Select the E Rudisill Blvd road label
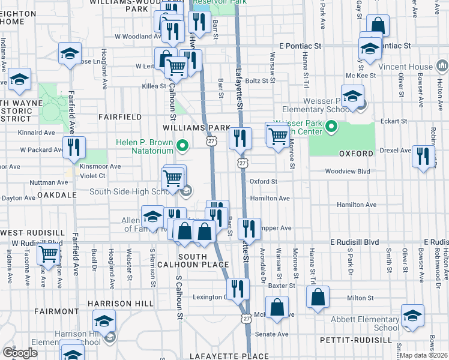(355, 242)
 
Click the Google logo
(20, 353)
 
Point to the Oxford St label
(264, 181)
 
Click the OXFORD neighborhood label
(357, 154)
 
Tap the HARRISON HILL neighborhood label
(121, 304)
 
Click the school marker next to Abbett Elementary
(413, 316)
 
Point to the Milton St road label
(360, 297)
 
